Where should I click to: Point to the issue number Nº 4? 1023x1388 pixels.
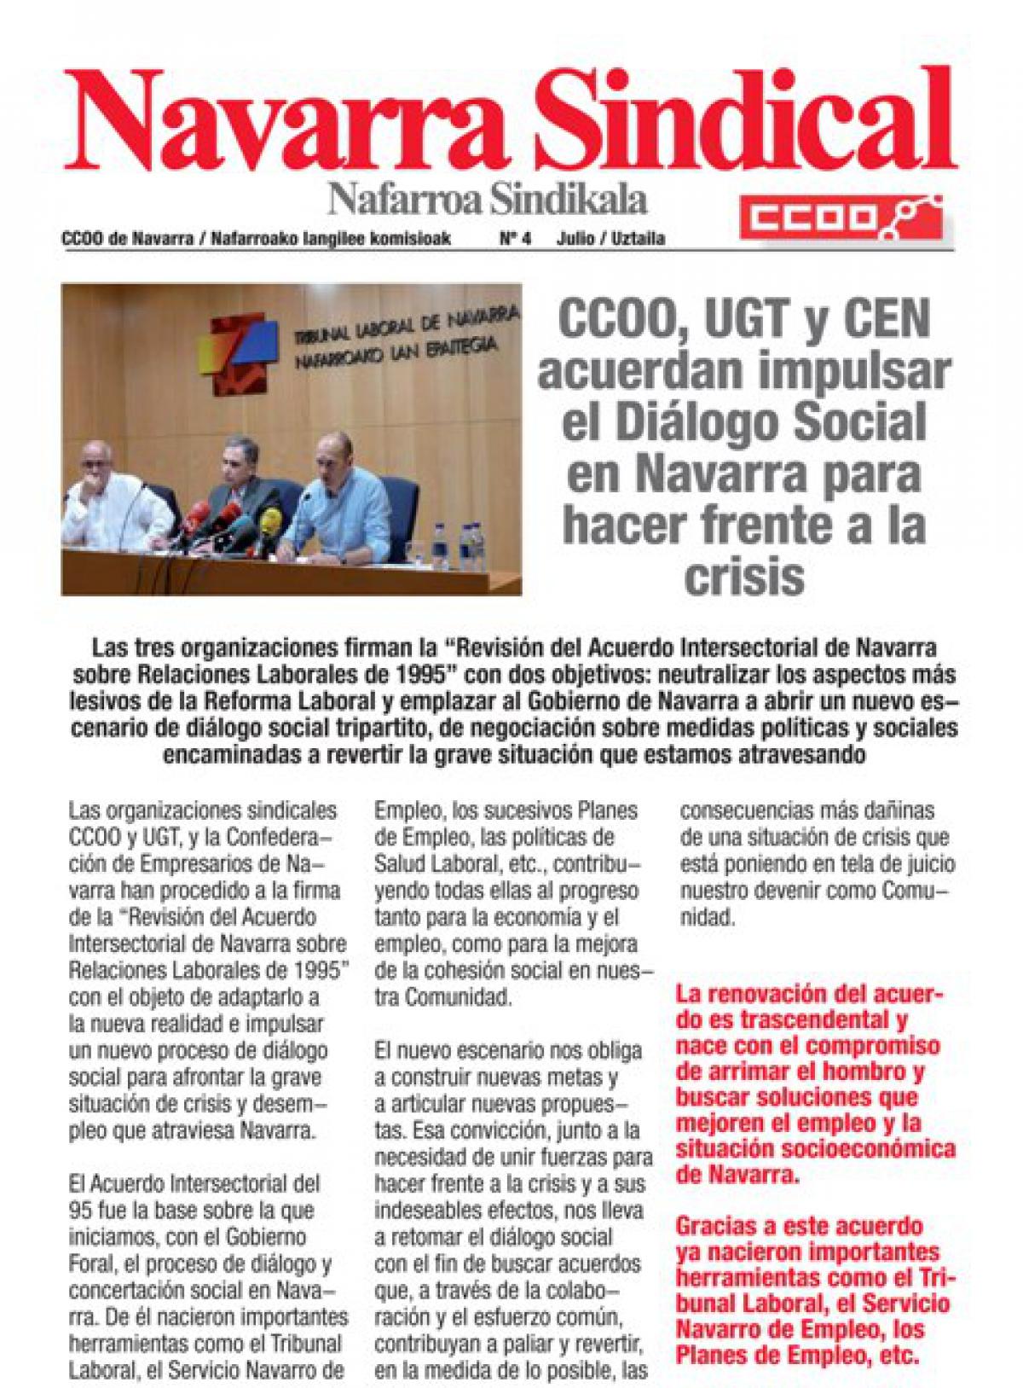(x=514, y=240)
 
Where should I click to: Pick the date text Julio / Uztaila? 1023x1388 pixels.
(x=610, y=240)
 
